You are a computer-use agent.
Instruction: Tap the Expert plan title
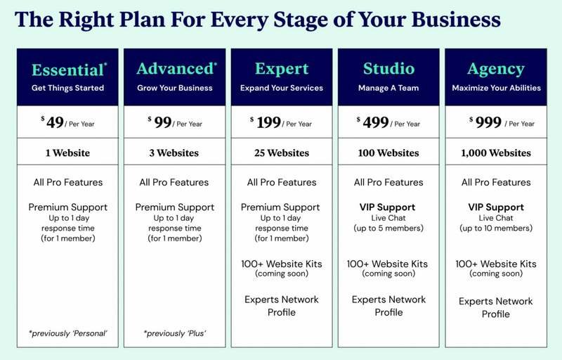(282, 68)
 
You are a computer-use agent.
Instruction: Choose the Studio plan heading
(388, 68)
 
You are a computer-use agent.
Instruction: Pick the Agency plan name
(496, 69)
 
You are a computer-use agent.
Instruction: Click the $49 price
(52, 122)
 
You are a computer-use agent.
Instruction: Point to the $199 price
(266, 122)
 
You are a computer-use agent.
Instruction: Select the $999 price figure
(485, 122)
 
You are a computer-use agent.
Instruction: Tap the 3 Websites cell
(174, 153)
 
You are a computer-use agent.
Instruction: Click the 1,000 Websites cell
(496, 153)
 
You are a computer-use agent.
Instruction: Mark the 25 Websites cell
(282, 153)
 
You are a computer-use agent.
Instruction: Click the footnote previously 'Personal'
(67, 333)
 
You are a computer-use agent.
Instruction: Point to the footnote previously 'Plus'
(175, 333)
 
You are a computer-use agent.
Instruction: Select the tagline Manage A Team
(388, 88)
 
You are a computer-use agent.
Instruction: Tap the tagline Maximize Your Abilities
(496, 88)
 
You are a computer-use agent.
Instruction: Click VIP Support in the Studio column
(388, 207)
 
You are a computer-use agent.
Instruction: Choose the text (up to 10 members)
(496, 229)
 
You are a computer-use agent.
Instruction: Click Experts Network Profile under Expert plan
(282, 306)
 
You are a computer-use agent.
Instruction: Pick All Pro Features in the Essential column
(68, 183)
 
